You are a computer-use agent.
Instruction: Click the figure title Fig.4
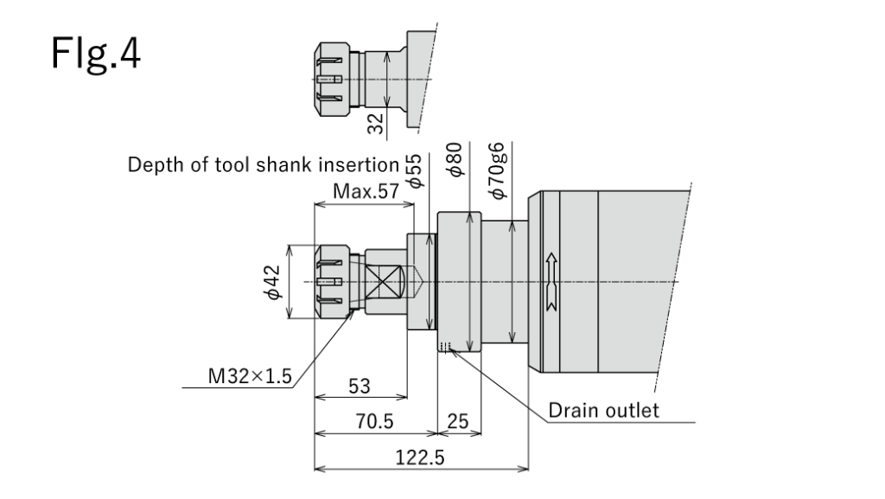[x=96, y=57]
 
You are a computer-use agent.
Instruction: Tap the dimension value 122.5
[x=420, y=458]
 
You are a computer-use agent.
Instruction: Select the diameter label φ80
[x=457, y=160]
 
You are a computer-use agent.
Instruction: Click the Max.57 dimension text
[x=361, y=192]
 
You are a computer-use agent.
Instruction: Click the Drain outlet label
[x=603, y=409]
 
